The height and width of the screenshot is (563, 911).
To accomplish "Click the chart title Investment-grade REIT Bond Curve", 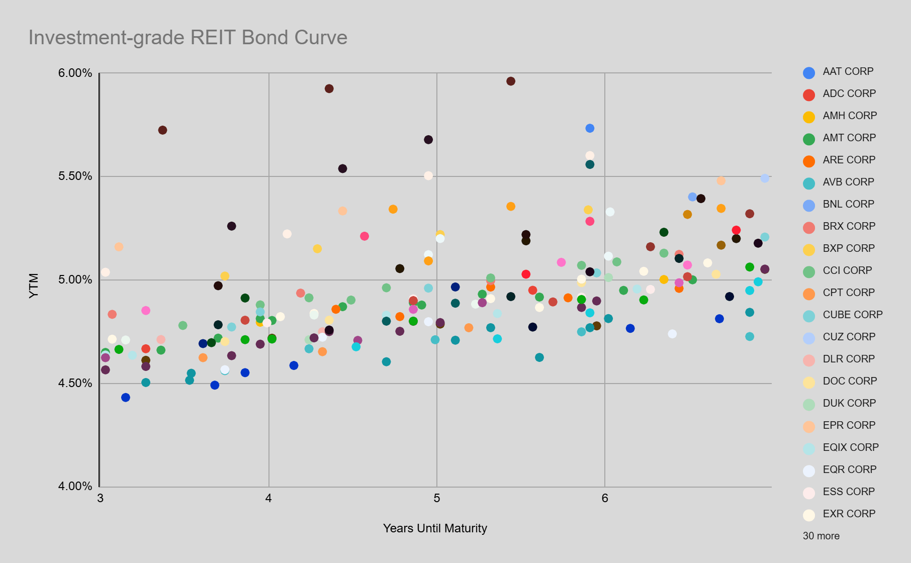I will click(x=188, y=38).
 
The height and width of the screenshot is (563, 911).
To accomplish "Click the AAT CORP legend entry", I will click(x=848, y=71).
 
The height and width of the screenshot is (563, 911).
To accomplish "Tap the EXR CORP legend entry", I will click(x=849, y=514).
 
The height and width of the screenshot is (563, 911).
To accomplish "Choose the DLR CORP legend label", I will click(x=848, y=359).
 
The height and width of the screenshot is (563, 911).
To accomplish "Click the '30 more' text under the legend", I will click(x=821, y=536).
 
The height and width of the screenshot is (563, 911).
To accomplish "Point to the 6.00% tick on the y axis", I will click(x=75, y=73).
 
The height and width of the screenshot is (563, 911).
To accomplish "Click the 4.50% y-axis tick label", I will click(x=75, y=384).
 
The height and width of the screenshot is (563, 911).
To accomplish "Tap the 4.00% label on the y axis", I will click(x=75, y=487).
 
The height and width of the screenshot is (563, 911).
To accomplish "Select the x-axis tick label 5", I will click(x=436, y=498).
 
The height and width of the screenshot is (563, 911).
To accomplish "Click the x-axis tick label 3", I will click(x=101, y=498).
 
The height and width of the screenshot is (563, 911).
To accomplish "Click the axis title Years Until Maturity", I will click(x=435, y=528).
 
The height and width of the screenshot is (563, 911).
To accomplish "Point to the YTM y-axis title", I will click(x=34, y=286).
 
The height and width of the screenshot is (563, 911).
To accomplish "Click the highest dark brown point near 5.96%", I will click(x=511, y=81).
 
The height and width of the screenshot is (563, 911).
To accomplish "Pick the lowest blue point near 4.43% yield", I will click(x=126, y=398).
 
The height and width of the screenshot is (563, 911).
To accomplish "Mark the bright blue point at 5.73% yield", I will click(x=590, y=128).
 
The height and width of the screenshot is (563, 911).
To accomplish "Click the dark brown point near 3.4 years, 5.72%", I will click(x=162, y=130).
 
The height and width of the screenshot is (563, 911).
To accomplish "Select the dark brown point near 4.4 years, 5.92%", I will click(x=329, y=88).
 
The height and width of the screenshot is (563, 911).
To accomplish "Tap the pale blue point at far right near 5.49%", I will click(x=765, y=178).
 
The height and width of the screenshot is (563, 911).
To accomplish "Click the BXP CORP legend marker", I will click(x=809, y=249).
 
